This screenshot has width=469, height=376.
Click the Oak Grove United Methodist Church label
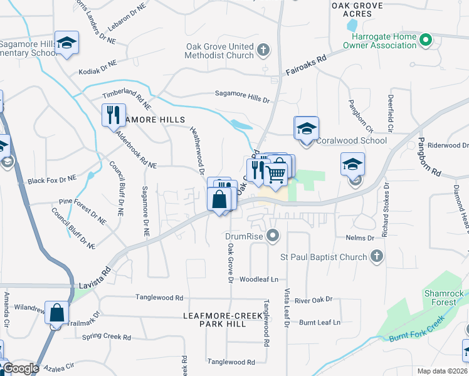219,51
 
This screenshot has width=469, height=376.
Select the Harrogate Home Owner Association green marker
426,41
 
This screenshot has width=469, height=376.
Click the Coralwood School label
350,141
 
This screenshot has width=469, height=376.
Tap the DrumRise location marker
272,236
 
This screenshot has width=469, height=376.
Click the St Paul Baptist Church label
323,256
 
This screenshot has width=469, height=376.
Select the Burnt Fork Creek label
416,333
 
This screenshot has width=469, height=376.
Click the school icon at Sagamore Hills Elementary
66,43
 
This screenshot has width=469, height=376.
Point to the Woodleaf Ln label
259,279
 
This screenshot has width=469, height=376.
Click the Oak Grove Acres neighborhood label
357,9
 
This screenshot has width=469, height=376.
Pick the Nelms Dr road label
359,238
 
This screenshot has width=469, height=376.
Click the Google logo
21,369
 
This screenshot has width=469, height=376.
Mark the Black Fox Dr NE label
51,180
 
